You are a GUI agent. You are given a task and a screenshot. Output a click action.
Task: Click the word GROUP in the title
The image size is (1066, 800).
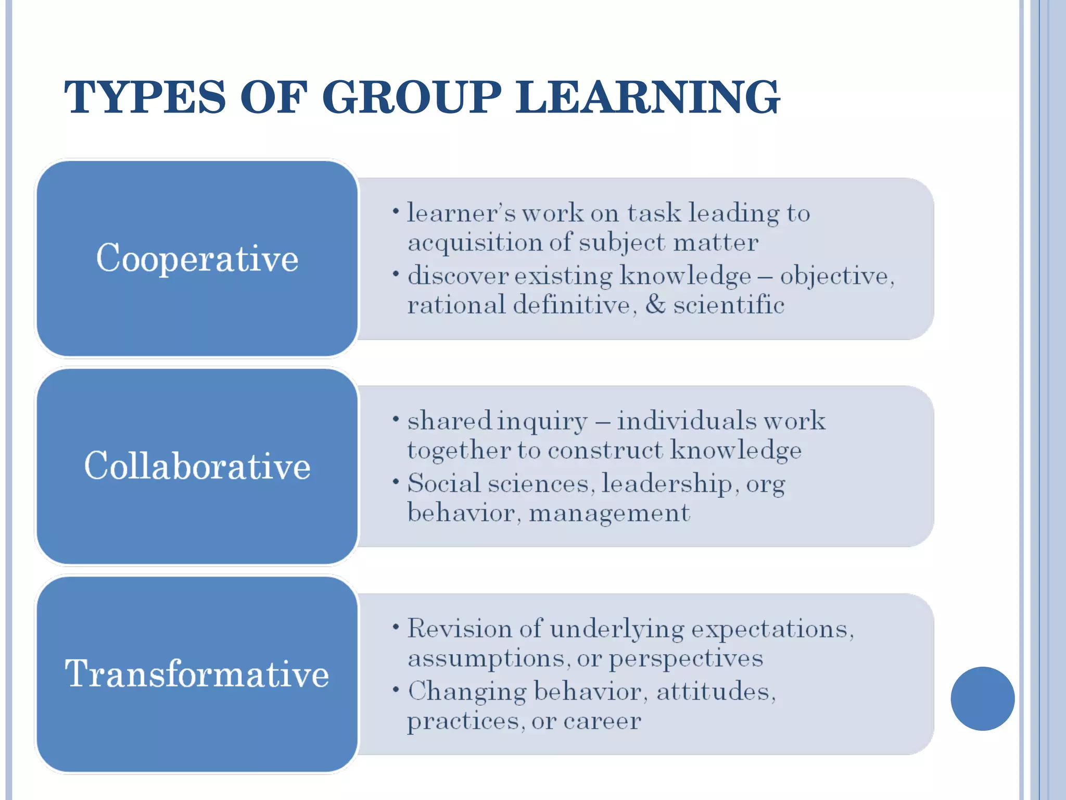(412, 97)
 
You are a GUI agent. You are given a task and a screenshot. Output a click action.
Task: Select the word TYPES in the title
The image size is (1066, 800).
(145, 97)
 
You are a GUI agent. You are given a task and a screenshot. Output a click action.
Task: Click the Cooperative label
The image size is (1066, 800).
(197, 258)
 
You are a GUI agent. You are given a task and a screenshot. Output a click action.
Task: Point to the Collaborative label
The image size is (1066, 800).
(197, 466)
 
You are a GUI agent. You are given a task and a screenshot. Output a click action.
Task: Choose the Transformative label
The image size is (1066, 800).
(197, 673)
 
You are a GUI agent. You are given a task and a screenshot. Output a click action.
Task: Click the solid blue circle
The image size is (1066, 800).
(982, 698)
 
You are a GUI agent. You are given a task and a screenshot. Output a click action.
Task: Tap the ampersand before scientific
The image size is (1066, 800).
(655, 305)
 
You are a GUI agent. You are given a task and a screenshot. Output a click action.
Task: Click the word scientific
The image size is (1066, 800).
(729, 305)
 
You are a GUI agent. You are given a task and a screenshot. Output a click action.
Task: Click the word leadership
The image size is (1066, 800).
(667, 484)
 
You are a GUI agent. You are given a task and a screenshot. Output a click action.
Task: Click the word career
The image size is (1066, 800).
(602, 721)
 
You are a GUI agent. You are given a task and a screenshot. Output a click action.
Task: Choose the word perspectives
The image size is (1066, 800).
(686, 659)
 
